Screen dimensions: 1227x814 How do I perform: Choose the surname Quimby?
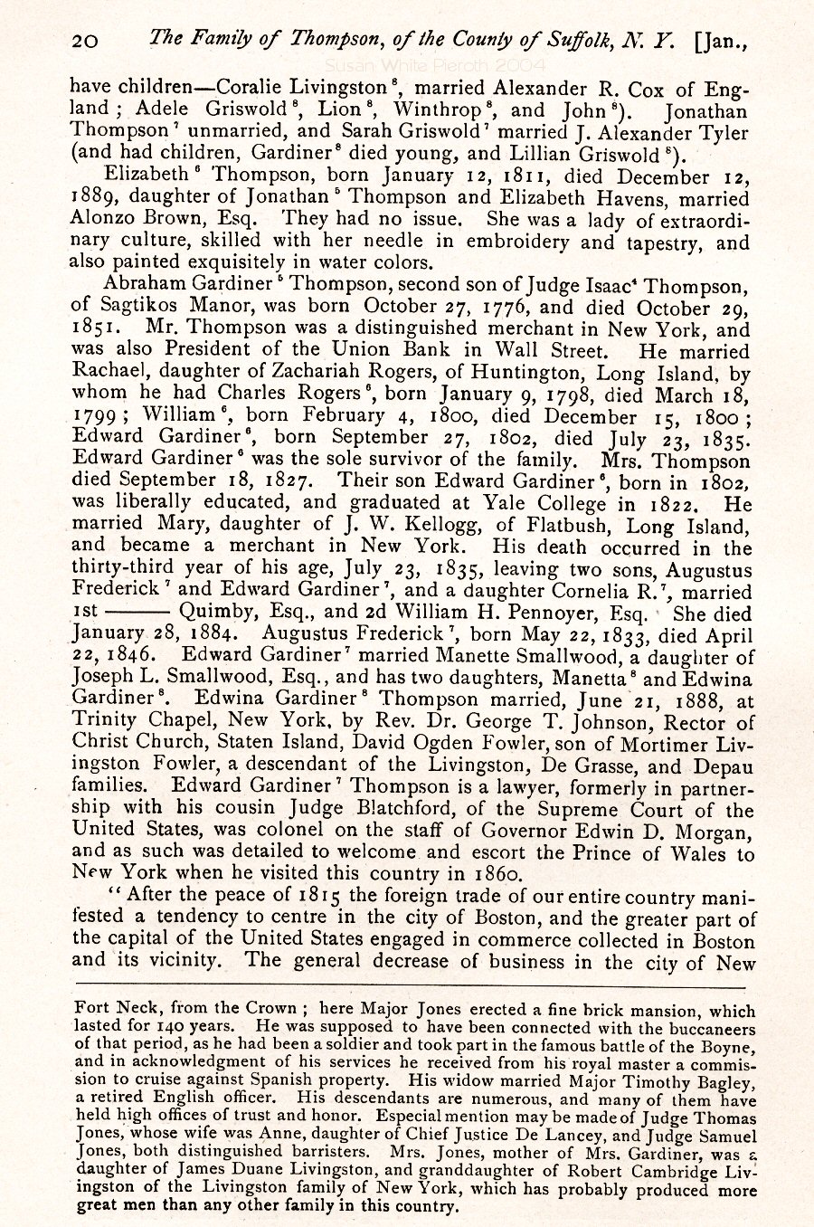pyautogui.click(x=216, y=613)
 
